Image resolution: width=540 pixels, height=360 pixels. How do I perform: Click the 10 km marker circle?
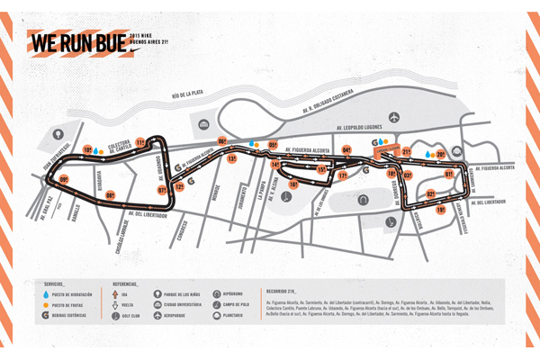click(x=88, y=149)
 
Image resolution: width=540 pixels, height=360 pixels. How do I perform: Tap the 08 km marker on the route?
click(x=110, y=195)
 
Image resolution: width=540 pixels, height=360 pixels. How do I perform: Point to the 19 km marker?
click(x=441, y=210)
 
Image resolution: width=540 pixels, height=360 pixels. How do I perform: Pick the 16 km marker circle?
click(x=293, y=184)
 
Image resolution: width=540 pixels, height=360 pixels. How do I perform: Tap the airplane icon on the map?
click(x=394, y=117)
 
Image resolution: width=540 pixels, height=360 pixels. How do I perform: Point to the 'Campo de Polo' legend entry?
click(x=235, y=304)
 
